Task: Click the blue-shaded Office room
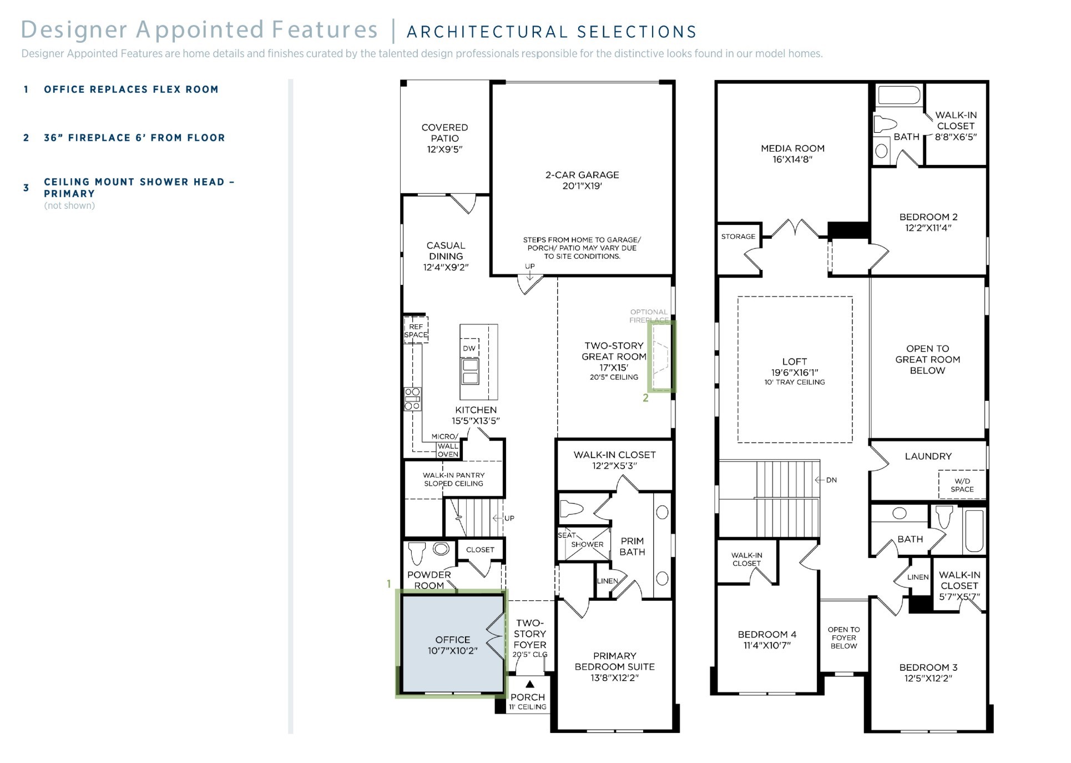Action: pos(452,644)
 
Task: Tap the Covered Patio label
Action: pos(444,138)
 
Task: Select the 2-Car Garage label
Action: pos(582,180)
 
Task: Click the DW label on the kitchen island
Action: pos(469,349)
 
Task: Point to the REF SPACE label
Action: pos(416,330)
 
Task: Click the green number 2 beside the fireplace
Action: pos(645,398)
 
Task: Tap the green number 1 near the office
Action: pos(389,584)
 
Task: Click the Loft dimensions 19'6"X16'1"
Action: pos(795,372)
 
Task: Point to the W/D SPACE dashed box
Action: pos(962,485)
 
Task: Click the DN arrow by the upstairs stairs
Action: pos(826,480)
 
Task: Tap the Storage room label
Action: pos(738,237)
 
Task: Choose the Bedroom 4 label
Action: pos(767,634)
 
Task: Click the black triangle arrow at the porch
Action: pos(529,684)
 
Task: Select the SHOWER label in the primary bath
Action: pos(587,545)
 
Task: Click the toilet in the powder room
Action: pos(416,553)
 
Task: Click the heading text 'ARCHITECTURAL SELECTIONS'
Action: pos(552,32)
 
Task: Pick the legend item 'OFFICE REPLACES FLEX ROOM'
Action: pos(131,89)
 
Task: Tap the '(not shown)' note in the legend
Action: pos(69,205)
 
